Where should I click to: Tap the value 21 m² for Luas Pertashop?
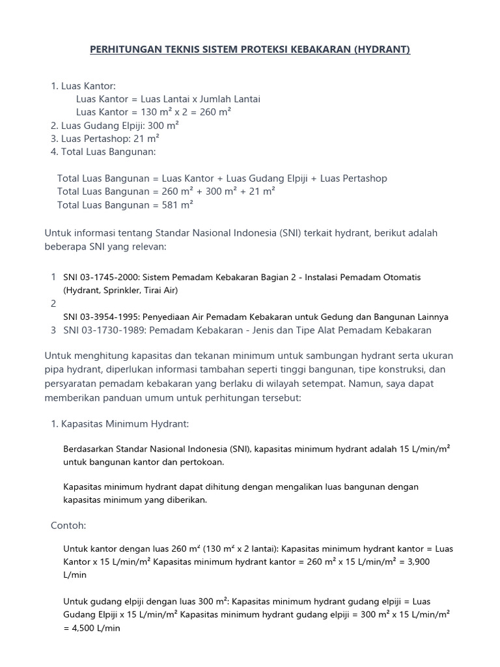(146, 139)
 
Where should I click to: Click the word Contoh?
(68, 525)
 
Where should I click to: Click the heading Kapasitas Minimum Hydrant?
(125, 424)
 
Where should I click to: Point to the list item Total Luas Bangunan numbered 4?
(109, 152)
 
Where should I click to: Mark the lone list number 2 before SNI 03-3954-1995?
(53, 304)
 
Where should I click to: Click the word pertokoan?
(202, 462)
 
